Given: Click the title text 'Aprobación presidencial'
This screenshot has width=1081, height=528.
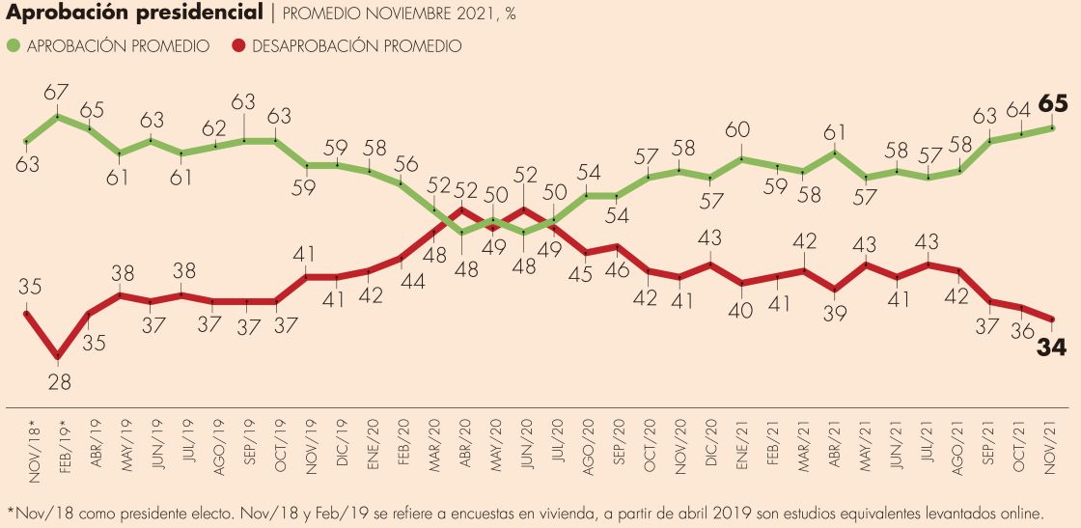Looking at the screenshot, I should pos(133,14).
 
